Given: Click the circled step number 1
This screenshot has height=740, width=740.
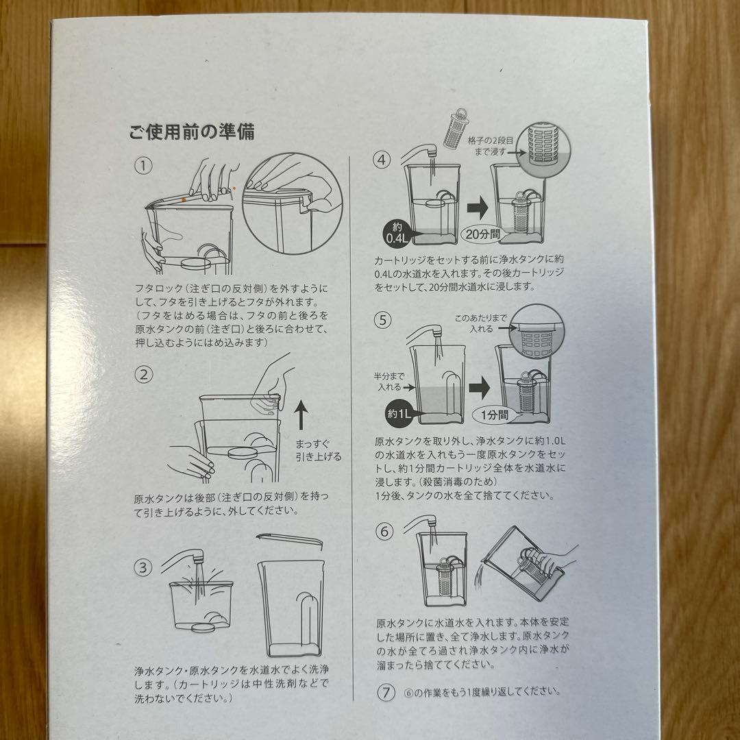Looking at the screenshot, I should tap(143, 165).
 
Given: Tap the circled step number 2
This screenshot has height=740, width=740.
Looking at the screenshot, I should tap(143, 374).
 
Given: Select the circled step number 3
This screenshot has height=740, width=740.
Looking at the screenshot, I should tap(143, 567).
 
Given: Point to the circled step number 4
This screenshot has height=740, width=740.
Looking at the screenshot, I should tap(382, 160).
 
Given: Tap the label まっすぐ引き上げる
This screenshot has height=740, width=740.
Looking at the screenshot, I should tap(318, 450).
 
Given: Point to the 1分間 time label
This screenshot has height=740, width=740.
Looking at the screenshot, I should tap(492, 413).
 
